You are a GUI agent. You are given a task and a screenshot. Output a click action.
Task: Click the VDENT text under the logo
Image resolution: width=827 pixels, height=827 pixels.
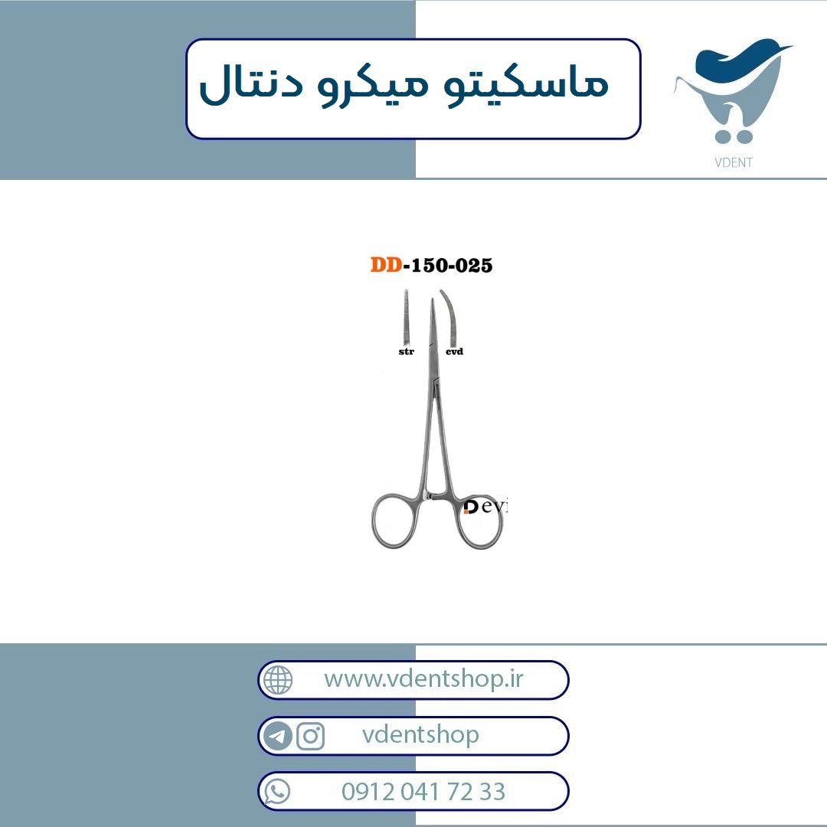click(x=733, y=162)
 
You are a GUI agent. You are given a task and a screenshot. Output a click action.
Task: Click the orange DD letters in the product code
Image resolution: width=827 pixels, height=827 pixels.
click(x=386, y=265)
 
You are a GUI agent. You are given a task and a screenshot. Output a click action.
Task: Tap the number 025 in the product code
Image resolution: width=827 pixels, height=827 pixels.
click(x=474, y=265)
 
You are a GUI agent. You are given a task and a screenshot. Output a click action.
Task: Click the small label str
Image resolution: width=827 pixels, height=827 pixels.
click(x=406, y=351)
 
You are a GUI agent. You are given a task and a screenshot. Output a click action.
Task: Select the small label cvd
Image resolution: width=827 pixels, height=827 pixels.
click(x=454, y=351)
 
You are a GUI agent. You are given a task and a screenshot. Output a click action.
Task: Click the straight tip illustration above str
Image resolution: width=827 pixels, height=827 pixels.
click(x=406, y=316)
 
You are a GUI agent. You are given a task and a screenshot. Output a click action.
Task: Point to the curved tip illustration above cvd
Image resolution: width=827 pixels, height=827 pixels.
click(x=450, y=316)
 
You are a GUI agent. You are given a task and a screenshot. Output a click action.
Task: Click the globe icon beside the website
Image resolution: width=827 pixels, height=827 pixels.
click(x=278, y=680)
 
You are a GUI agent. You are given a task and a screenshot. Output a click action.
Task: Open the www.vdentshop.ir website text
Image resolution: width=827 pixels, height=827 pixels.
click(x=423, y=678)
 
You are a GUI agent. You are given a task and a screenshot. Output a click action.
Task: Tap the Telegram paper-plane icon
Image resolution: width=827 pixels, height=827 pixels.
click(x=277, y=736)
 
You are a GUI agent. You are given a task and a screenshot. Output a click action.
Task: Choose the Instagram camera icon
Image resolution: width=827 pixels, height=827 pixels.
click(x=310, y=736)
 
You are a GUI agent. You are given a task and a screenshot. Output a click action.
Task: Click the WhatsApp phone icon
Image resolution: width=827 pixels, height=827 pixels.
click(x=277, y=792)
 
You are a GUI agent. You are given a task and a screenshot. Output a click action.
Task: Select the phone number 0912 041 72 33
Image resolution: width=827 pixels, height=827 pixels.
click(x=423, y=792)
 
